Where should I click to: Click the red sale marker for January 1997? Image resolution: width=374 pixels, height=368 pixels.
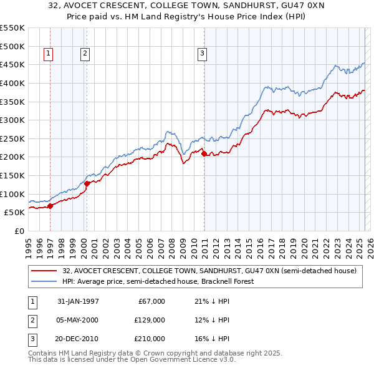tap(50, 206)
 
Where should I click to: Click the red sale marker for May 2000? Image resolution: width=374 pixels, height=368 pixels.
tap(87, 183)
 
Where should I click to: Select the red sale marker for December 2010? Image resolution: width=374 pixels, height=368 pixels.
tap(204, 153)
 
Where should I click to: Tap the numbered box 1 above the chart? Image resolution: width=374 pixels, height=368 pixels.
tap(49, 54)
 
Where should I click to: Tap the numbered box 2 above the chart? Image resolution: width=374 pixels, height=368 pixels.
tap(85, 54)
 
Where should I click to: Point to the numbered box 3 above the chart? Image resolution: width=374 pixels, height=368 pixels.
tap(203, 54)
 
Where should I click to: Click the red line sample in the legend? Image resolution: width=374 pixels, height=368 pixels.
tap(45, 271)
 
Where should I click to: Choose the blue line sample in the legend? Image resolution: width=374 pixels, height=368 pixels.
tap(45, 282)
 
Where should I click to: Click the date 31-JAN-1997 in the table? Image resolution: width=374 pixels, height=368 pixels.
tap(78, 301)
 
